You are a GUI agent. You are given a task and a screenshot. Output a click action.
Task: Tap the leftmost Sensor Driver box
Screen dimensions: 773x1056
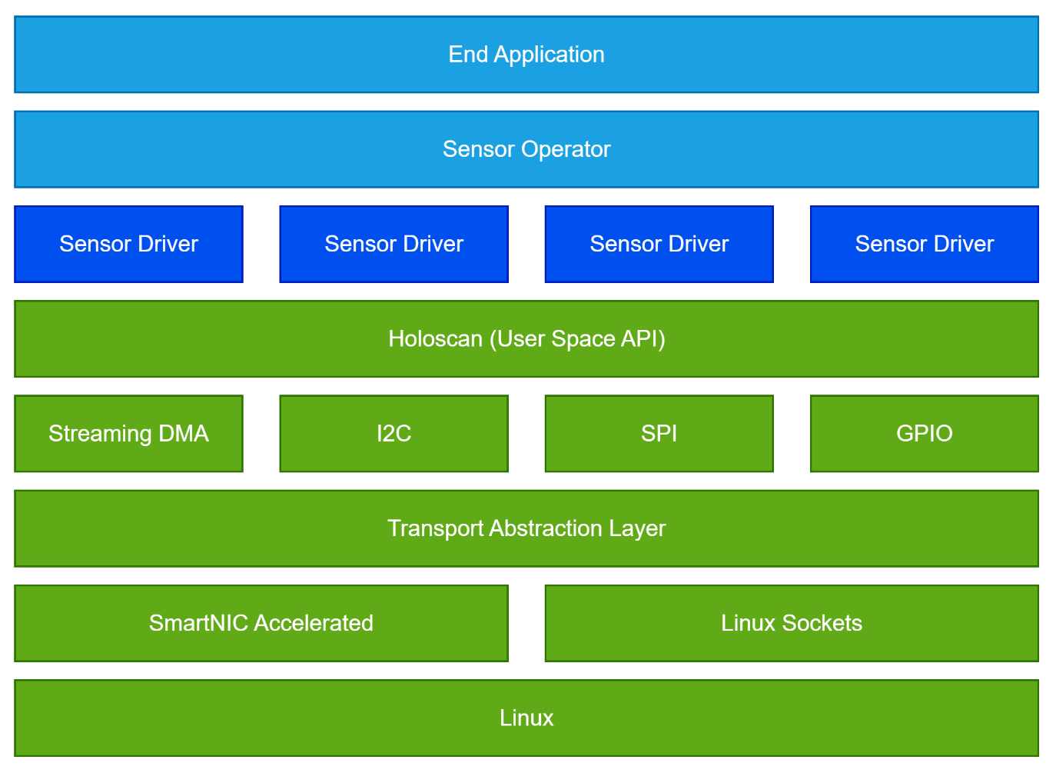coord(128,244)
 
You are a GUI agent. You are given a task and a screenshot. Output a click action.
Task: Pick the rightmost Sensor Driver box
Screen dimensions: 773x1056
coord(924,244)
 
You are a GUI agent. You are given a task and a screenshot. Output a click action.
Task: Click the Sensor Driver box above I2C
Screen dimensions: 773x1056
coord(394,244)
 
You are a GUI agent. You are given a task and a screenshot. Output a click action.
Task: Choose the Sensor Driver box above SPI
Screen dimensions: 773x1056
coord(659,244)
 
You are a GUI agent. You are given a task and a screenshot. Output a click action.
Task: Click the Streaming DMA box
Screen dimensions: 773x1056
coord(128,434)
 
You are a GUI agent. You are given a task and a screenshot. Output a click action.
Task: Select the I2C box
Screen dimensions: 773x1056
coord(394,434)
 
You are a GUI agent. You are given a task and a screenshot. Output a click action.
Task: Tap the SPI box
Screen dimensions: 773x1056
coord(659,434)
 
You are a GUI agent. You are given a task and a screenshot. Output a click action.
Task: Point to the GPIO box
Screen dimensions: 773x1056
coord(924,434)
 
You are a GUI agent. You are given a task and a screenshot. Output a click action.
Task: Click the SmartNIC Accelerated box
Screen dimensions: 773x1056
coord(261,623)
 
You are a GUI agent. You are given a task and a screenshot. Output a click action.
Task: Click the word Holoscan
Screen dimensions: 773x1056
coord(435,339)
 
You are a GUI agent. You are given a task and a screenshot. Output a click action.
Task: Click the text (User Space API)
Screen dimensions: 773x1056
coord(577,339)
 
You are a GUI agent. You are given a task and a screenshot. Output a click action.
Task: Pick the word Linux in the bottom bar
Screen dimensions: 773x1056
coord(526,718)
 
